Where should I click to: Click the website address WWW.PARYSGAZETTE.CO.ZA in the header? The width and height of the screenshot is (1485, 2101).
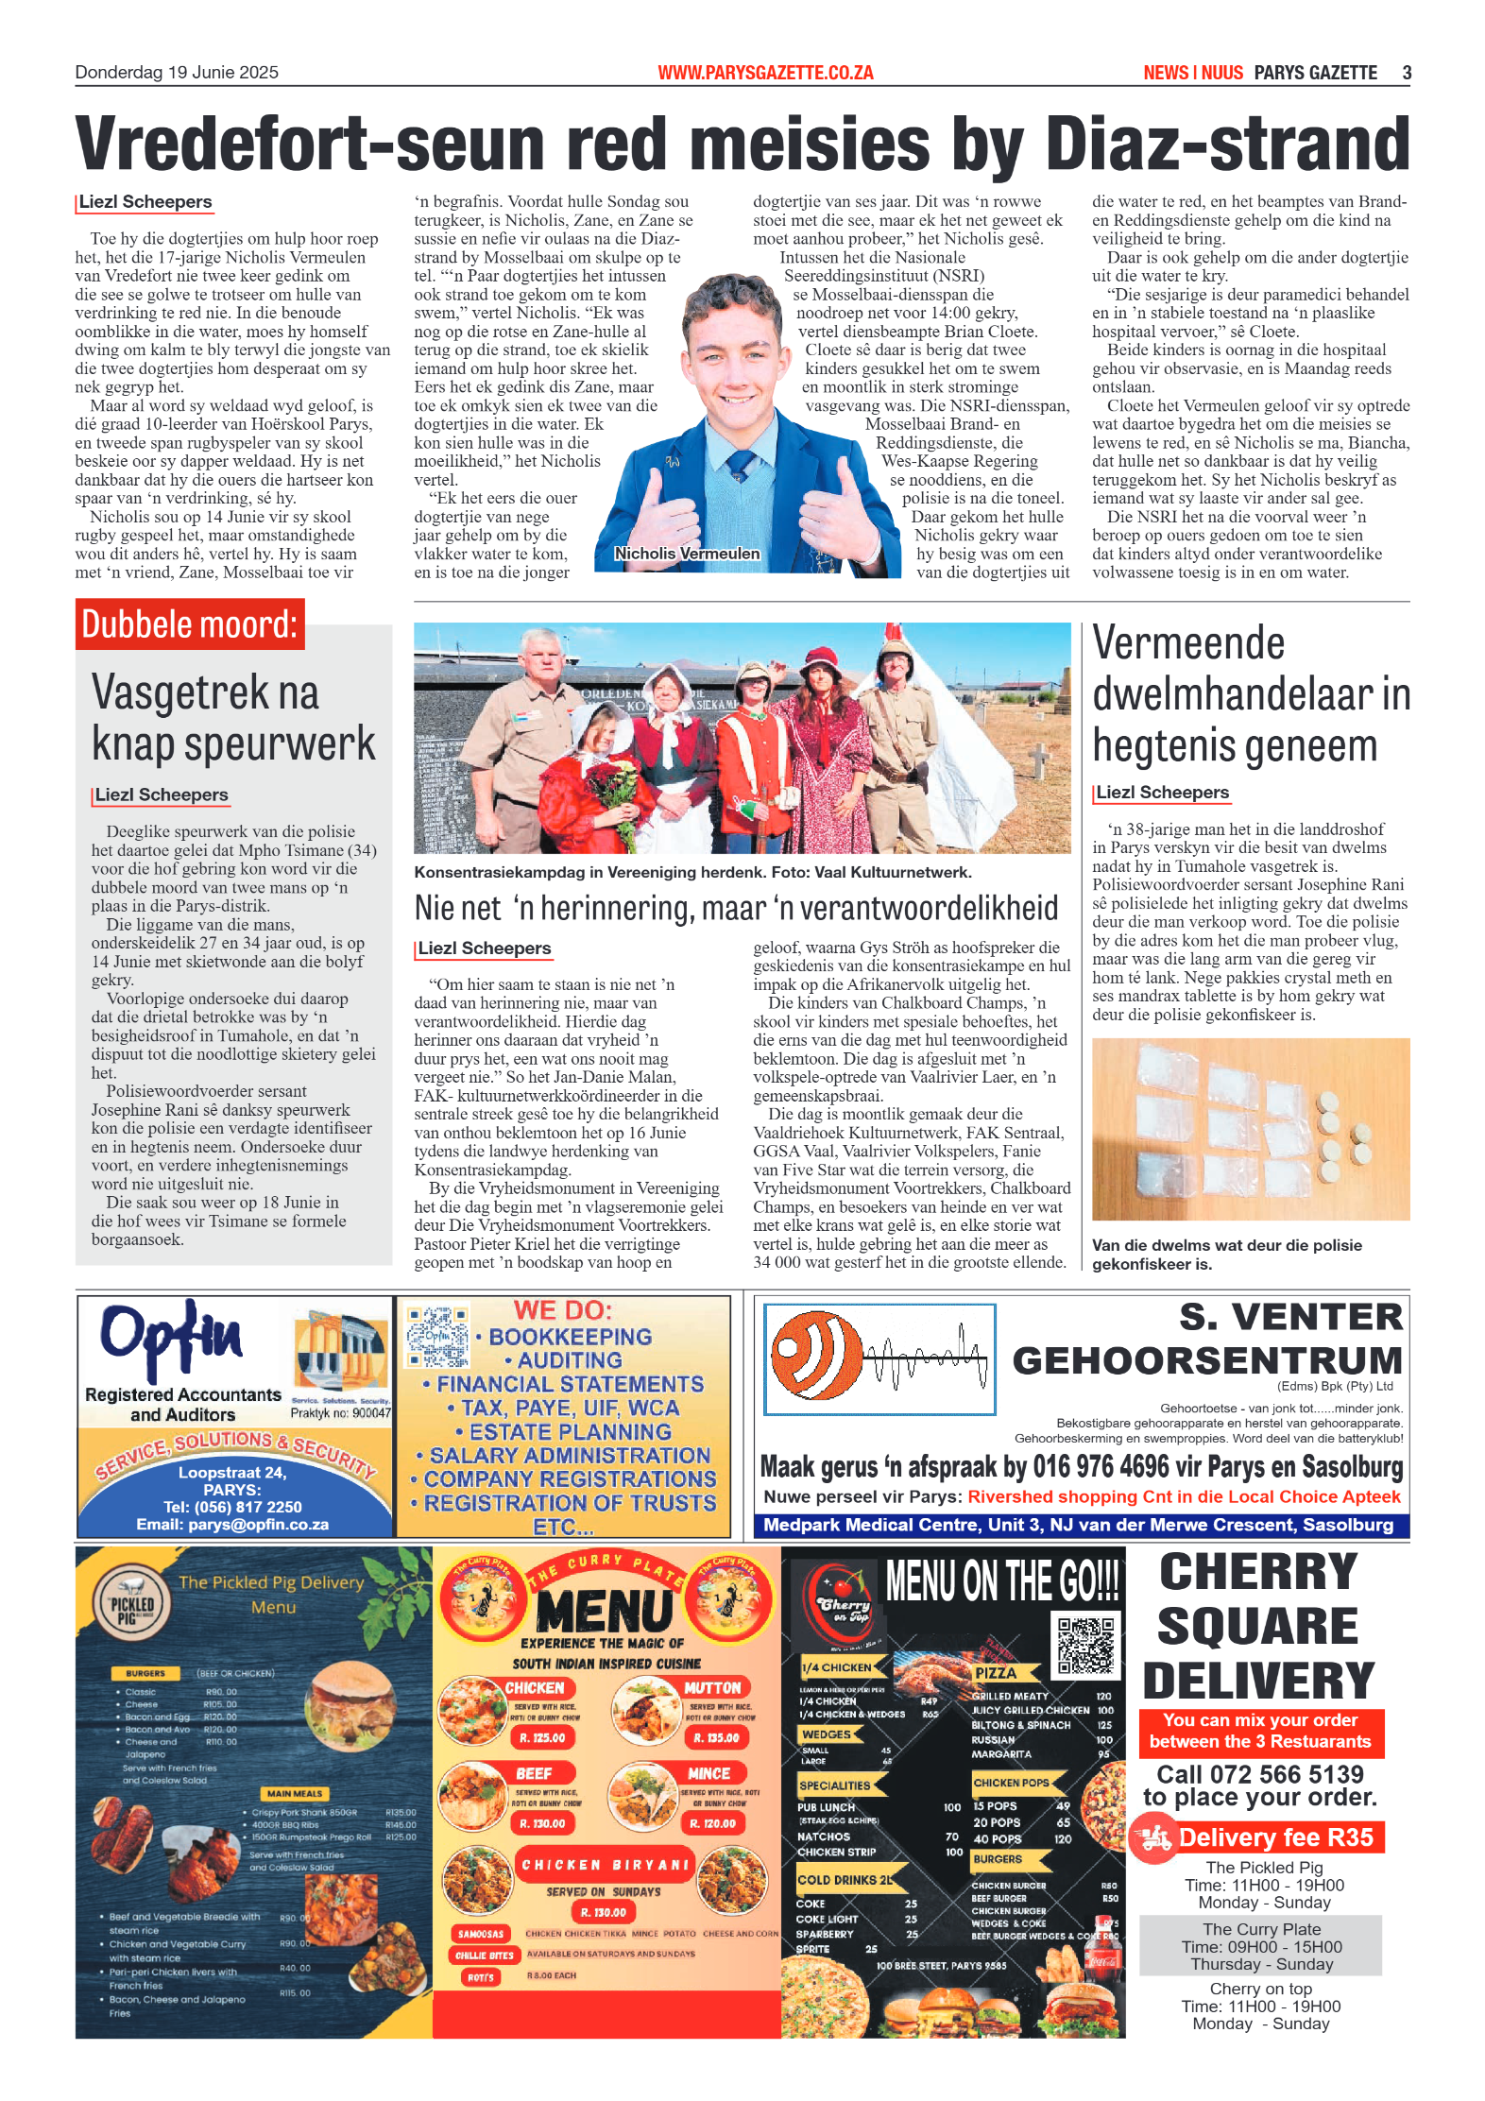coord(765,73)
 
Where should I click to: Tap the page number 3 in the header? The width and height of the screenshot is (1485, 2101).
coord(1407,73)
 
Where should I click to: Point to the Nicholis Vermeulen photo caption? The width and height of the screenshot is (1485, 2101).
coord(687,554)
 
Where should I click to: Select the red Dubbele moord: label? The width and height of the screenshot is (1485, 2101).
coord(190,624)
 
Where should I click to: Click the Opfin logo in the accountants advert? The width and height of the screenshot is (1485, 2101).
coord(171,1338)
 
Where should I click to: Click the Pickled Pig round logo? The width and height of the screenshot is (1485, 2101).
coord(131,1604)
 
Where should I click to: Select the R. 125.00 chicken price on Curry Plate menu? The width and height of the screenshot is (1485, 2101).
coord(542,1737)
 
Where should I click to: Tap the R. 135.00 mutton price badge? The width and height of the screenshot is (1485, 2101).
coord(716,1737)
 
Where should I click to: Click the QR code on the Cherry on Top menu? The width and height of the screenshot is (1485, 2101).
coord(1085,1646)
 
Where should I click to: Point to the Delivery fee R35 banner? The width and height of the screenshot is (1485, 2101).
coord(1259,1837)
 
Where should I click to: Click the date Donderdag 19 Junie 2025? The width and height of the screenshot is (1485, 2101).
coord(177,73)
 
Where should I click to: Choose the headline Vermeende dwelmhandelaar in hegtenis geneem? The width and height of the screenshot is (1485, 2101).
coord(1250,694)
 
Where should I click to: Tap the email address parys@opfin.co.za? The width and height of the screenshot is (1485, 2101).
coord(232,1525)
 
